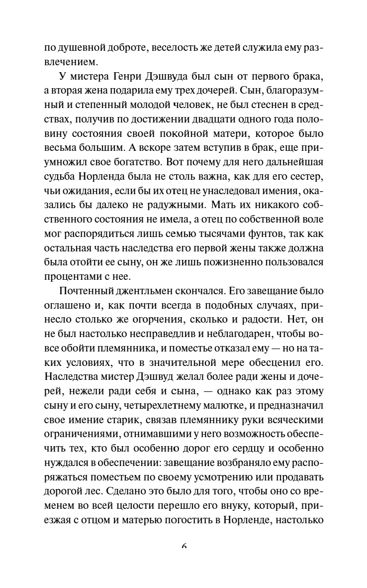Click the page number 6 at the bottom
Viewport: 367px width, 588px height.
(x=183, y=546)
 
